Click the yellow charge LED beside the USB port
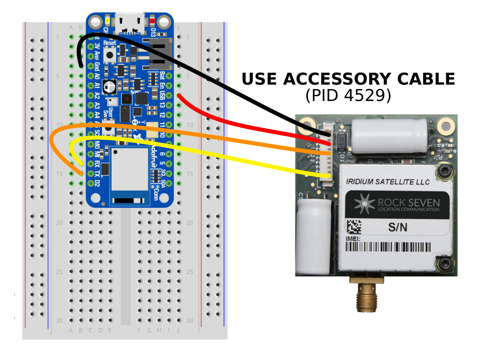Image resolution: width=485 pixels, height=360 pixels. [x=108, y=20]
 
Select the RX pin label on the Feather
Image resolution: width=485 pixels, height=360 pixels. [x=97, y=164]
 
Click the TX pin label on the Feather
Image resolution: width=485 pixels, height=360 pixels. [x=97, y=174]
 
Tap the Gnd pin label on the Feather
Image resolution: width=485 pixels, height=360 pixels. [x=97, y=66]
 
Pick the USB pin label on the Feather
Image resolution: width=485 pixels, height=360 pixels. [x=162, y=95]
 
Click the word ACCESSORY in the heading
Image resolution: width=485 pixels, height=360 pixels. [x=340, y=79]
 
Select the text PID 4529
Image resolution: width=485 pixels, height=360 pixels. [x=348, y=95]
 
